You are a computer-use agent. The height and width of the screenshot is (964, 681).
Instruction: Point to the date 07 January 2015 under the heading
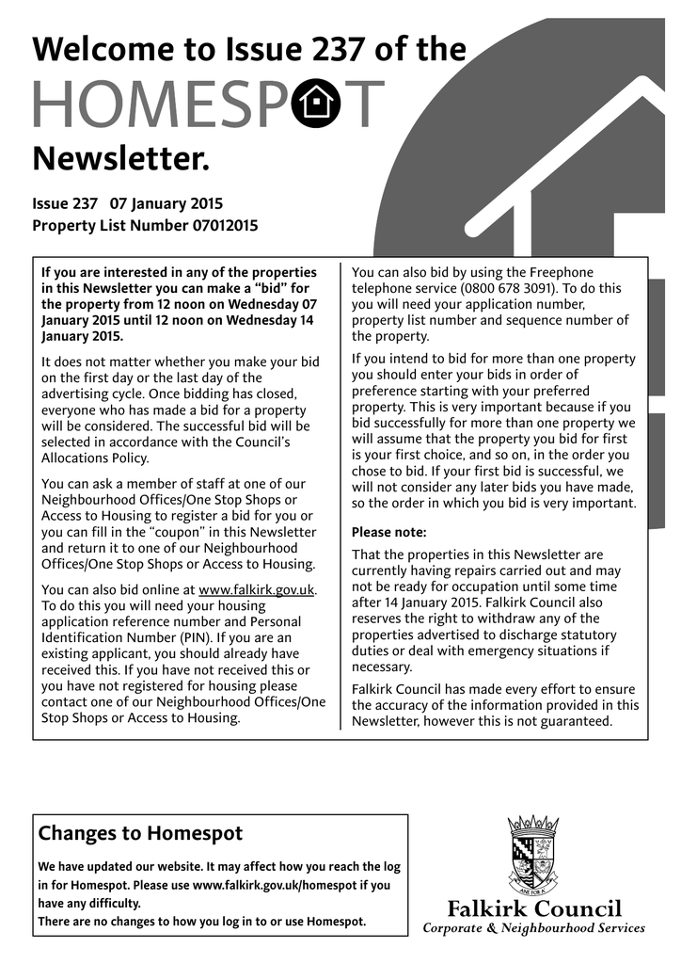click(166, 203)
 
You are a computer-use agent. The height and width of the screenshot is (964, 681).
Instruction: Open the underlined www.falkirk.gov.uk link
click(257, 590)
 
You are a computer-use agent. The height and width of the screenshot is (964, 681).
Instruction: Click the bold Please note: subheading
click(388, 532)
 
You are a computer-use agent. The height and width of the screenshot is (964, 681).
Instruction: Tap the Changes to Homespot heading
click(140, 833)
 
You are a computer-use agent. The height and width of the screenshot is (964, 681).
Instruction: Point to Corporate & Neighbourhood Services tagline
click(533, 929)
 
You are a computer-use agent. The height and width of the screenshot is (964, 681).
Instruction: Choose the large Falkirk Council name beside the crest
click(533, 908)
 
